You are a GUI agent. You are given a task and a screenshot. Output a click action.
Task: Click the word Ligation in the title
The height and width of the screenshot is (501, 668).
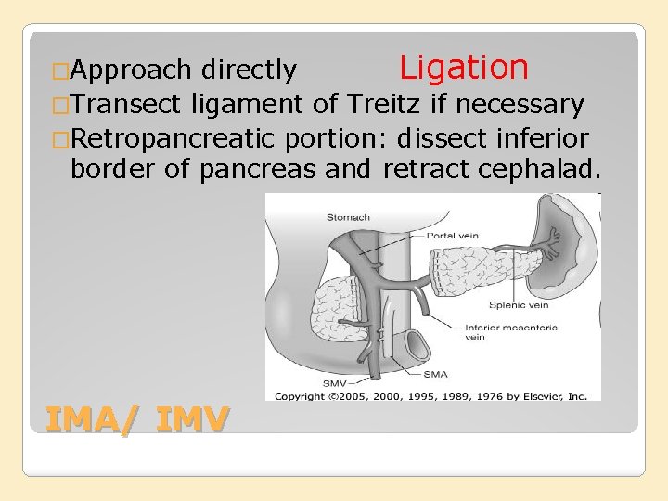pos(463,68)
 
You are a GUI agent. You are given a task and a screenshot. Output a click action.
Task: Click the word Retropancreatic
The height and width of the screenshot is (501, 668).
pos(174,138)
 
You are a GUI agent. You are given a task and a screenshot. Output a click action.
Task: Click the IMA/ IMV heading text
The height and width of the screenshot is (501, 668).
pos(136,420)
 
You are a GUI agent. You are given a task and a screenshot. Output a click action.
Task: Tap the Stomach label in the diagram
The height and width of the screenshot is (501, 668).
pos(348,218)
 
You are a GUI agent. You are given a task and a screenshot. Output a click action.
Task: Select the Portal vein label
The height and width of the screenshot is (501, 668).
pos(453,236)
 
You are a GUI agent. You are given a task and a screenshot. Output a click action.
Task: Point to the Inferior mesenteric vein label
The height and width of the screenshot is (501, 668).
pos(495,332)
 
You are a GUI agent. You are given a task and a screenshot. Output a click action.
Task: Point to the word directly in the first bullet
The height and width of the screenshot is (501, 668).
pos(249,70)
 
